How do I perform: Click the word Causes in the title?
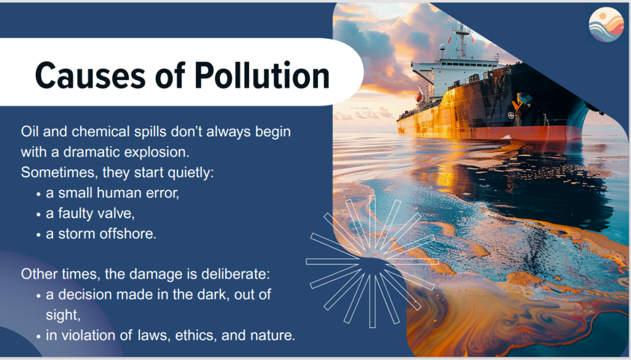[90, 75]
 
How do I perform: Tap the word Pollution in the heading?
[262, 75]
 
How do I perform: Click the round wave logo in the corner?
[606, 25]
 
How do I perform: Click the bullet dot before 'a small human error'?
[38, 194]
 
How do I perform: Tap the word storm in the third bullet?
[77, 234]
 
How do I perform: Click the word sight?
[63, 315]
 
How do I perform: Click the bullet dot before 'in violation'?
[38, 337]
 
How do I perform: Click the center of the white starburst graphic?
[372, 261]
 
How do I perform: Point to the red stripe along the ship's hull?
[487, 133]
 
